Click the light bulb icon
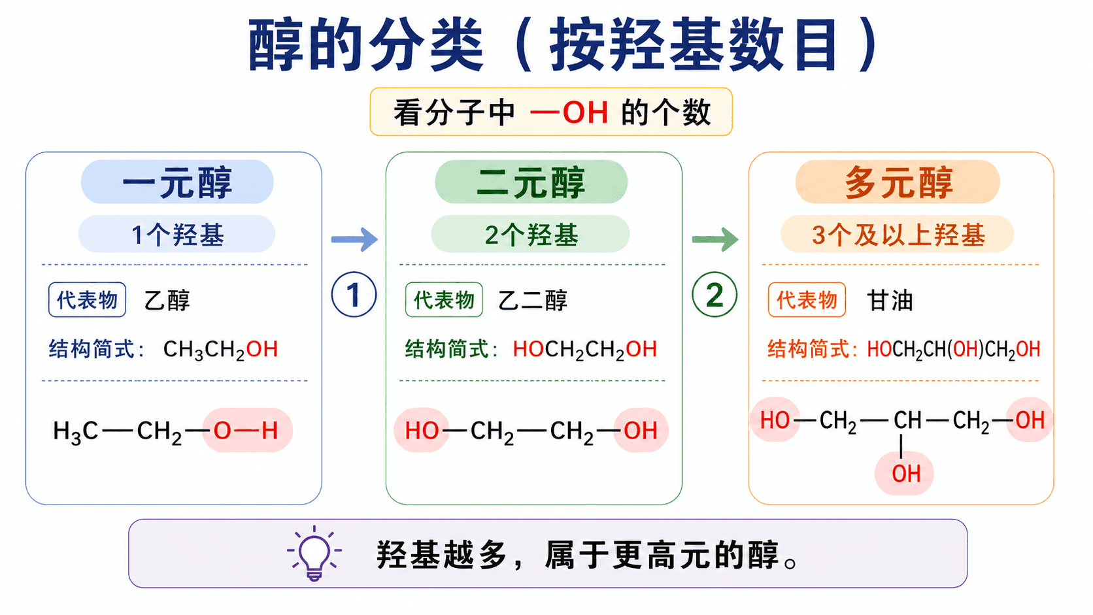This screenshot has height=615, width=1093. pos(314,553)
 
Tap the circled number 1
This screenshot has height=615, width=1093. pos(354,295)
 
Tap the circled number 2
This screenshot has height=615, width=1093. pos(715,295)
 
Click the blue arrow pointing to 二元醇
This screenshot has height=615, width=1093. pos(355,239)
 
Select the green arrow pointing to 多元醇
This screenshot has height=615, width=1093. pos(715,239)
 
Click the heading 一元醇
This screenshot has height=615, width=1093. pos(177,182)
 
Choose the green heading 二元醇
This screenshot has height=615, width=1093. pos(531,182)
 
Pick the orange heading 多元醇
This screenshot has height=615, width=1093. pos(898,182)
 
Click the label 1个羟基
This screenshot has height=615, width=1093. pos(178,235)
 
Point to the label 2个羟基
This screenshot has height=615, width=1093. pos(531,235)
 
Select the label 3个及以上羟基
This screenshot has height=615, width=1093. pos(898,235)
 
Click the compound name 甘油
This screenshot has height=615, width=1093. pos(890,301)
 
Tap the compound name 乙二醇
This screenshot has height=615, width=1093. pos(532,301)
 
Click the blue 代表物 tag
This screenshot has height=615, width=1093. pos(88,300)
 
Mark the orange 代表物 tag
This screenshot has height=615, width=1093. pos(807,300)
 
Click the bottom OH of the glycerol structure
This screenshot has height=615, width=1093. pos(905,474)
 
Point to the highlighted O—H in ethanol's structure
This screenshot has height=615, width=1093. pos(246,430)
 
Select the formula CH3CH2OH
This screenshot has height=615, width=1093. pos(220,350)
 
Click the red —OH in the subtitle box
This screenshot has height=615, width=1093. pos(569,112)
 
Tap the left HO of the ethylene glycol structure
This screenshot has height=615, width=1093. pos(422,431)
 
